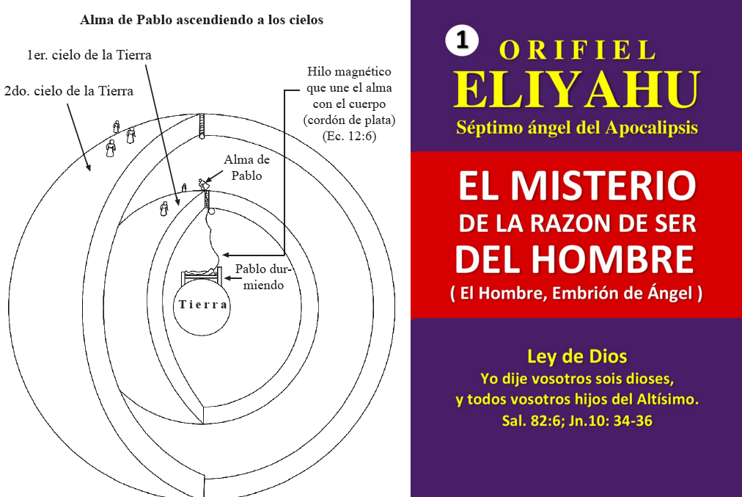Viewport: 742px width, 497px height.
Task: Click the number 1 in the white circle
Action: (462, 40)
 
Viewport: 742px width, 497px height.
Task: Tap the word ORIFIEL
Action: (577, 50)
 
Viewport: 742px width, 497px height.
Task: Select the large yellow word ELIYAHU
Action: (577, 90)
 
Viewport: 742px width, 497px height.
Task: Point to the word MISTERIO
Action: (603, 185)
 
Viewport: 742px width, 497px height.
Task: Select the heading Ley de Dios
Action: (577, 356)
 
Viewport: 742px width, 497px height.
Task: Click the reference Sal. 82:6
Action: (531, 421)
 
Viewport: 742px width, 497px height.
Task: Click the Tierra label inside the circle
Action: (203, 304)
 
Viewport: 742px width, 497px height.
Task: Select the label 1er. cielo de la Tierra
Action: (89, 55)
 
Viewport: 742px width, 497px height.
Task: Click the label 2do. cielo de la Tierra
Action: (69, 91)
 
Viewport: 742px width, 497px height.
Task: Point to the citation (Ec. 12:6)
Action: (349, 137)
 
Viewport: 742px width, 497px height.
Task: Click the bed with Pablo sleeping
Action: (202, 275)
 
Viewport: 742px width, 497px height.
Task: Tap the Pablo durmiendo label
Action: (263, 277)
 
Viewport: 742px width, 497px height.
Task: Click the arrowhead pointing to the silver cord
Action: (226, 255)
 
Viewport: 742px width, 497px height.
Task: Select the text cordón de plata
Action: (349, 120)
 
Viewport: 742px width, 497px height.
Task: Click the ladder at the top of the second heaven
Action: (202, 126)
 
